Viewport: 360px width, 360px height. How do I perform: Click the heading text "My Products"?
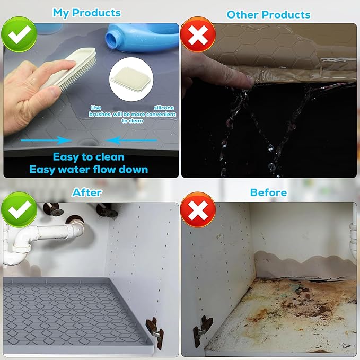pyautogui.click(x=87, y=12)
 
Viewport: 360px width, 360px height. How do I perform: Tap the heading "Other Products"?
pyautogui.click(x=268, y=14)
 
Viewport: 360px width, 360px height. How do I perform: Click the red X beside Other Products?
pyautogui.click(x=197, y=37)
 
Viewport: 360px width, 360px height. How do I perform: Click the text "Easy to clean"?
pyautogui.click(x=89, y=156)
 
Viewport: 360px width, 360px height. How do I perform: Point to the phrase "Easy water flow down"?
pyautogui.click(x=89, y=169)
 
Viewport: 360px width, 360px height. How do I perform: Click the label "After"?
pyautogui.click(x=87, y=192)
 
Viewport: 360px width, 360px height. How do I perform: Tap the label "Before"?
pyautogui.click(x=268, y=192)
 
